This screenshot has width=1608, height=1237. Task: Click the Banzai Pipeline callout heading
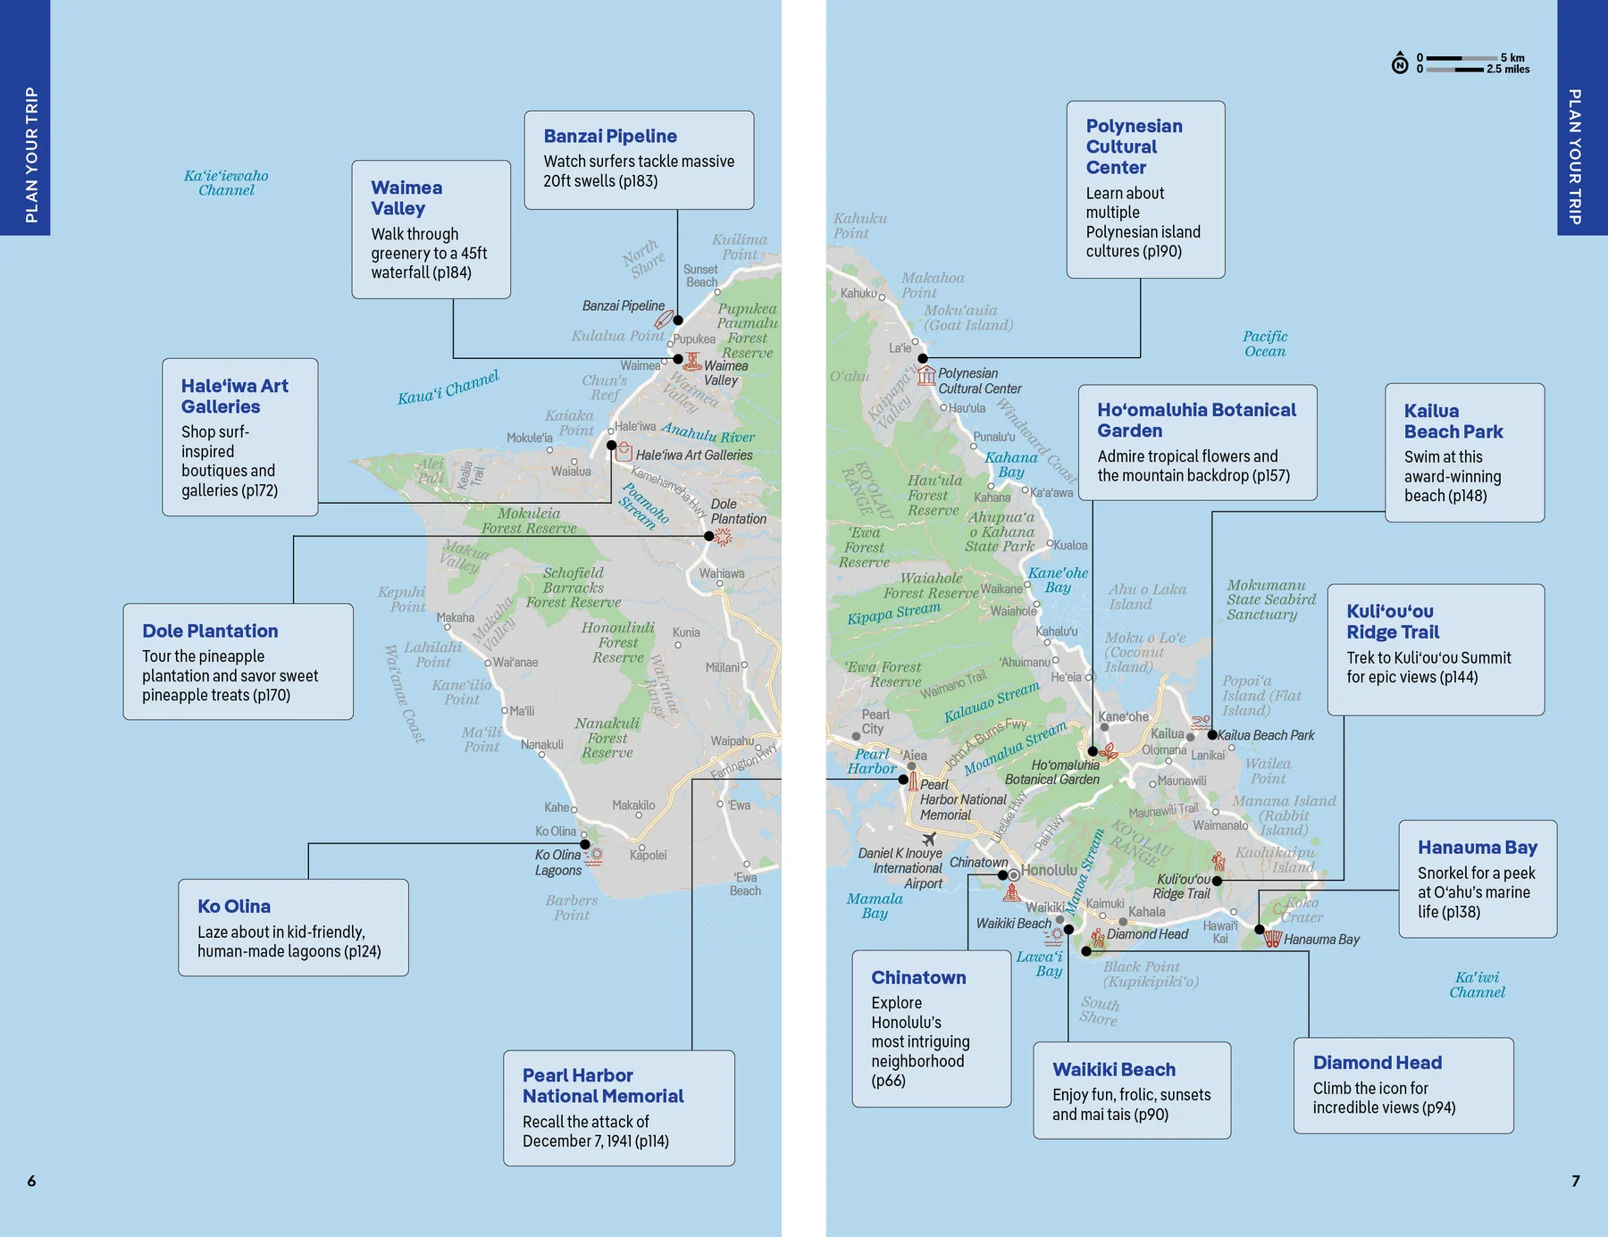click(x=610, y=136)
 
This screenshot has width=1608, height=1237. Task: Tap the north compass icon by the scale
click(x=1400, y=63)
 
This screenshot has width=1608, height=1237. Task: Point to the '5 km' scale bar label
click(x=1512, y=57)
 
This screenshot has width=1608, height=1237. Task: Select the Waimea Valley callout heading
click(x=406, y=197)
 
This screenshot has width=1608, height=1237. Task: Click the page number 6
click(x=31, y=1181)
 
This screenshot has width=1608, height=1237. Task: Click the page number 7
click(x=1576, y=1181)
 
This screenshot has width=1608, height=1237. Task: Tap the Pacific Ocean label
click(x=1265, y=344)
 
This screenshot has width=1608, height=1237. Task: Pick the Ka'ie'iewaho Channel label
click(x=226, y=182)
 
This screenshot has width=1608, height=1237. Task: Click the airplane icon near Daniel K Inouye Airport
click(x=929, y=839)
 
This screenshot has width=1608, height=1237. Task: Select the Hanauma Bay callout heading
click(x=1477, y=847)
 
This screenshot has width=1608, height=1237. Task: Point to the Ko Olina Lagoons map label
click(x=557, y=862)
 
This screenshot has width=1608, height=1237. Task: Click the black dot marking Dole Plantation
click(x=708, y=536)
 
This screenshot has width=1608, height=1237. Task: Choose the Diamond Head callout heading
click(x=1377, y=1062)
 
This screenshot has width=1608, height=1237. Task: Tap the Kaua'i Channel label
click(x=448, y=387)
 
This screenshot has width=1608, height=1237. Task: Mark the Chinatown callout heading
click(x=918, y=977)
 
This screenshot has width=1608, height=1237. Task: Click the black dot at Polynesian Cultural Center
click(x=923, y=358)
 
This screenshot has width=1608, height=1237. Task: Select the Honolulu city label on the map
click(x=1049, y=870)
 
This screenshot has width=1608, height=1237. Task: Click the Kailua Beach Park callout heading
click(x=1453, y=421)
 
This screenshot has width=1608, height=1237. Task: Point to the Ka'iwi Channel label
click(x=1477, y=984)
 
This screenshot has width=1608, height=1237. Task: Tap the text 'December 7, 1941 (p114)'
click(x=595, y=1141)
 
